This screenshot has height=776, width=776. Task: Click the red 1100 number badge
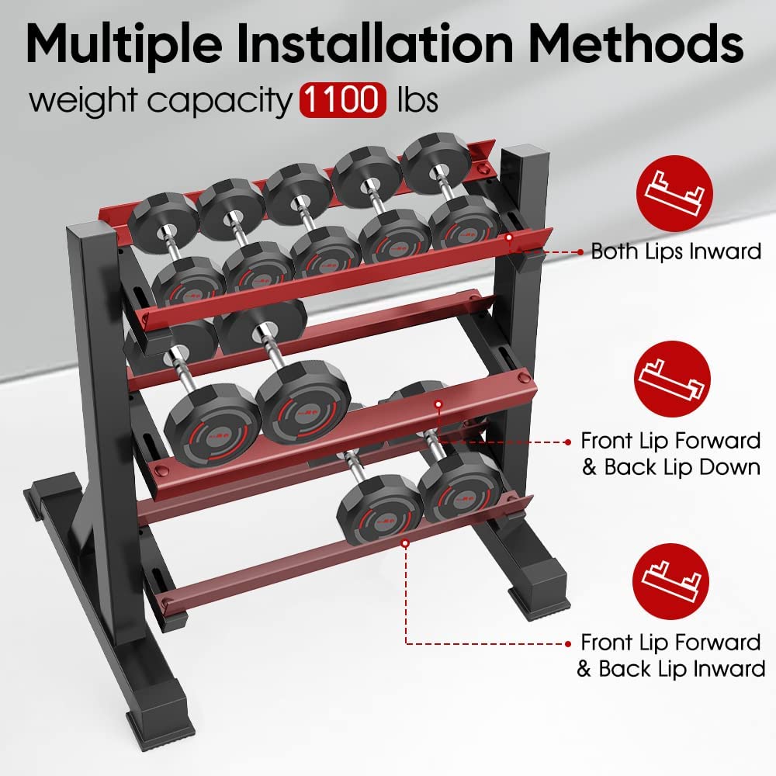coord(342,101)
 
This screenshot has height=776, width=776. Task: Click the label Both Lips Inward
coord(676,251)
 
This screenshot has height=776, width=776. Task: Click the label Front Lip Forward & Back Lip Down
coord(670,454)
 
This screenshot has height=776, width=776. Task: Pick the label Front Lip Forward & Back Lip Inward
coord(670,656)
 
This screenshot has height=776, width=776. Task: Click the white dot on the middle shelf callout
coord(439,404)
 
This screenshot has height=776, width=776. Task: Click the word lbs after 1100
coord(417,102)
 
